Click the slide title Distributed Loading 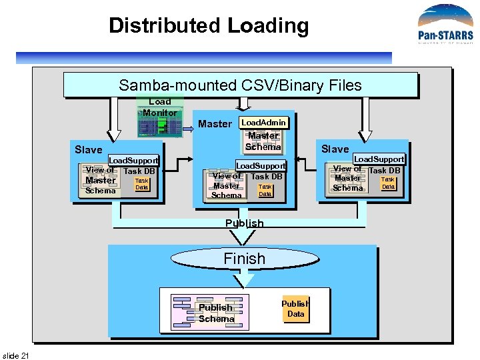click(209, 26)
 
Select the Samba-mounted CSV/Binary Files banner click(240, 85)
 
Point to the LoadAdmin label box click(263, 123)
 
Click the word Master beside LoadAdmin click(215, 123)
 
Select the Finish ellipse click(244, 259)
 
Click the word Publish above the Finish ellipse click(244, 223)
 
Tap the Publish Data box click(295, 309)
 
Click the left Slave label click(88, 149)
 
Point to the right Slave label click(335, 149)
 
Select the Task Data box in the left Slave click(141, 184)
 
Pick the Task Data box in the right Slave click(388, 183)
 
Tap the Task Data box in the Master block click(265, 191)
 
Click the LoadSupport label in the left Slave click(133, 161)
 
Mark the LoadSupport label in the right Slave click(379, 159)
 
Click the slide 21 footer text click(16, 355)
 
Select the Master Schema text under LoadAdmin click(263, 141)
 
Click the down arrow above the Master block click(244, 103)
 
